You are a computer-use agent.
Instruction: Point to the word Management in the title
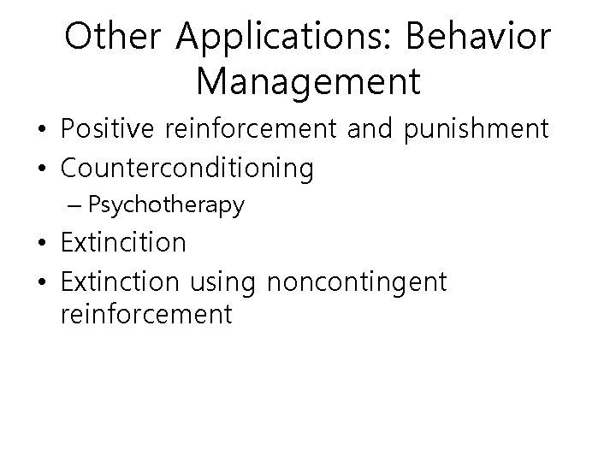[308, 82]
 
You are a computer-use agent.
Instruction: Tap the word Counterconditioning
[187, 169]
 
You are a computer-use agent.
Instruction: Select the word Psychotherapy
[166, 205]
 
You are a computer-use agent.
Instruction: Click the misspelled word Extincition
[123, 243]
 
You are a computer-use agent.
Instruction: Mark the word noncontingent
[358, 281]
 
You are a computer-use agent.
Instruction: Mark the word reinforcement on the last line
[146, 314]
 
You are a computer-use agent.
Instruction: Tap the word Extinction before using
[118, 281]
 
